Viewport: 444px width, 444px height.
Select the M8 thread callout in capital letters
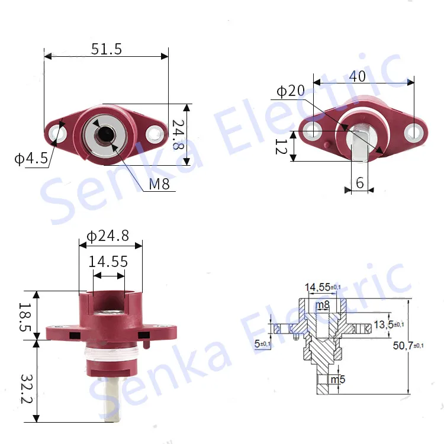tap(159, 184)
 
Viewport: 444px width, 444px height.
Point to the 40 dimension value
tap(357, 76)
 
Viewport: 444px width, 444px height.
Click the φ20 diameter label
tap(291, 91)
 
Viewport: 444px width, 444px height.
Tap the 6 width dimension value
tap(360, 183)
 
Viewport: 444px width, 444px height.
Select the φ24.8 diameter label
tap(108, 236)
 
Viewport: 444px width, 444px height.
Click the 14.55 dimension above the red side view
tap(108, 261)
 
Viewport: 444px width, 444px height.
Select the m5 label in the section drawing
tap(337, 379)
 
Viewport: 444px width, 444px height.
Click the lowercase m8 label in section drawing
tap(323, 305)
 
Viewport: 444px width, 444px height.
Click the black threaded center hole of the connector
tap(105, 134)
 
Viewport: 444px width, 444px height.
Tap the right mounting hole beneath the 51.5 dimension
tap(156, 133)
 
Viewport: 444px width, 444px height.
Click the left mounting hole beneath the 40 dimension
tap(312, 131)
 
